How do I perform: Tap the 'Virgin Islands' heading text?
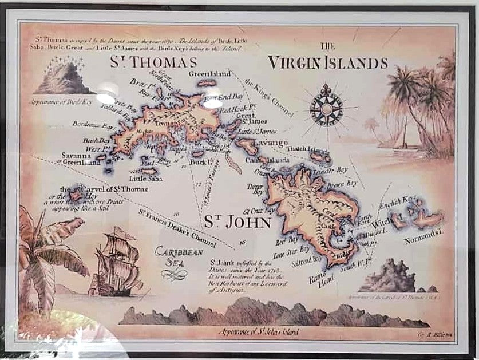[328, 62]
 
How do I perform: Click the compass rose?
[327, 105]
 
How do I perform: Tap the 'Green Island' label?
[209, 74]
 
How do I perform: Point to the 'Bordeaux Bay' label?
[91, 124]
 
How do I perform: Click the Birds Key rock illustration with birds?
[64, 77]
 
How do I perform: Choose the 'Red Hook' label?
[233, 109]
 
